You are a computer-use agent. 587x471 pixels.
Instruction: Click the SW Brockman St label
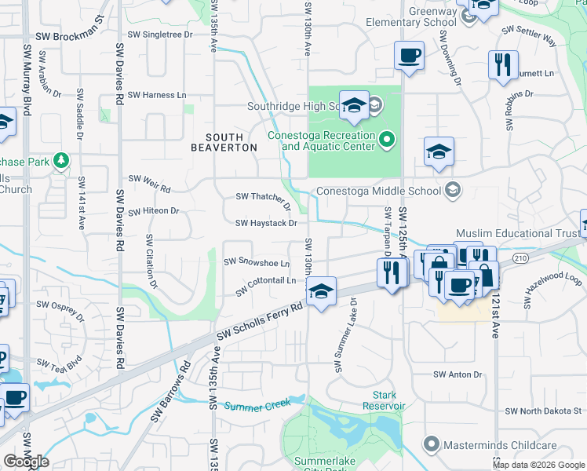coord(70,37)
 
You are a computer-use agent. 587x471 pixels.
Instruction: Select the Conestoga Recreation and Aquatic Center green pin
coord(386,141)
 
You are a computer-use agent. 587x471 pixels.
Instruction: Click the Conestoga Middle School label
coord(377,190)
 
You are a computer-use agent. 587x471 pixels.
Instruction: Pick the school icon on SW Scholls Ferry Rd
coord(320,291)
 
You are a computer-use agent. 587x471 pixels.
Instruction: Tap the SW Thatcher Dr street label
coord(264,197)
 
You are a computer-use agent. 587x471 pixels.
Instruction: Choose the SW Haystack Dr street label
coord(266,223)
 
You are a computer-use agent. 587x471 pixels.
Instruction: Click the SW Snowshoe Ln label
coord(257,262)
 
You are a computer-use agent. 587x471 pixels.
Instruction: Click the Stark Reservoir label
coord(384,400)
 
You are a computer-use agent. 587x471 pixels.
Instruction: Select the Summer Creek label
coord(257,405)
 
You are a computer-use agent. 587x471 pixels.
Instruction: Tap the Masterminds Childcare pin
coord(431,445)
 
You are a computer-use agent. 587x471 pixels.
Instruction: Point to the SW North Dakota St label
coord(544,411)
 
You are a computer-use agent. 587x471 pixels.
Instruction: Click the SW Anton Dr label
coord(458,375)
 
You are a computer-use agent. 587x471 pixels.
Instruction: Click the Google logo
coord(26,462)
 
